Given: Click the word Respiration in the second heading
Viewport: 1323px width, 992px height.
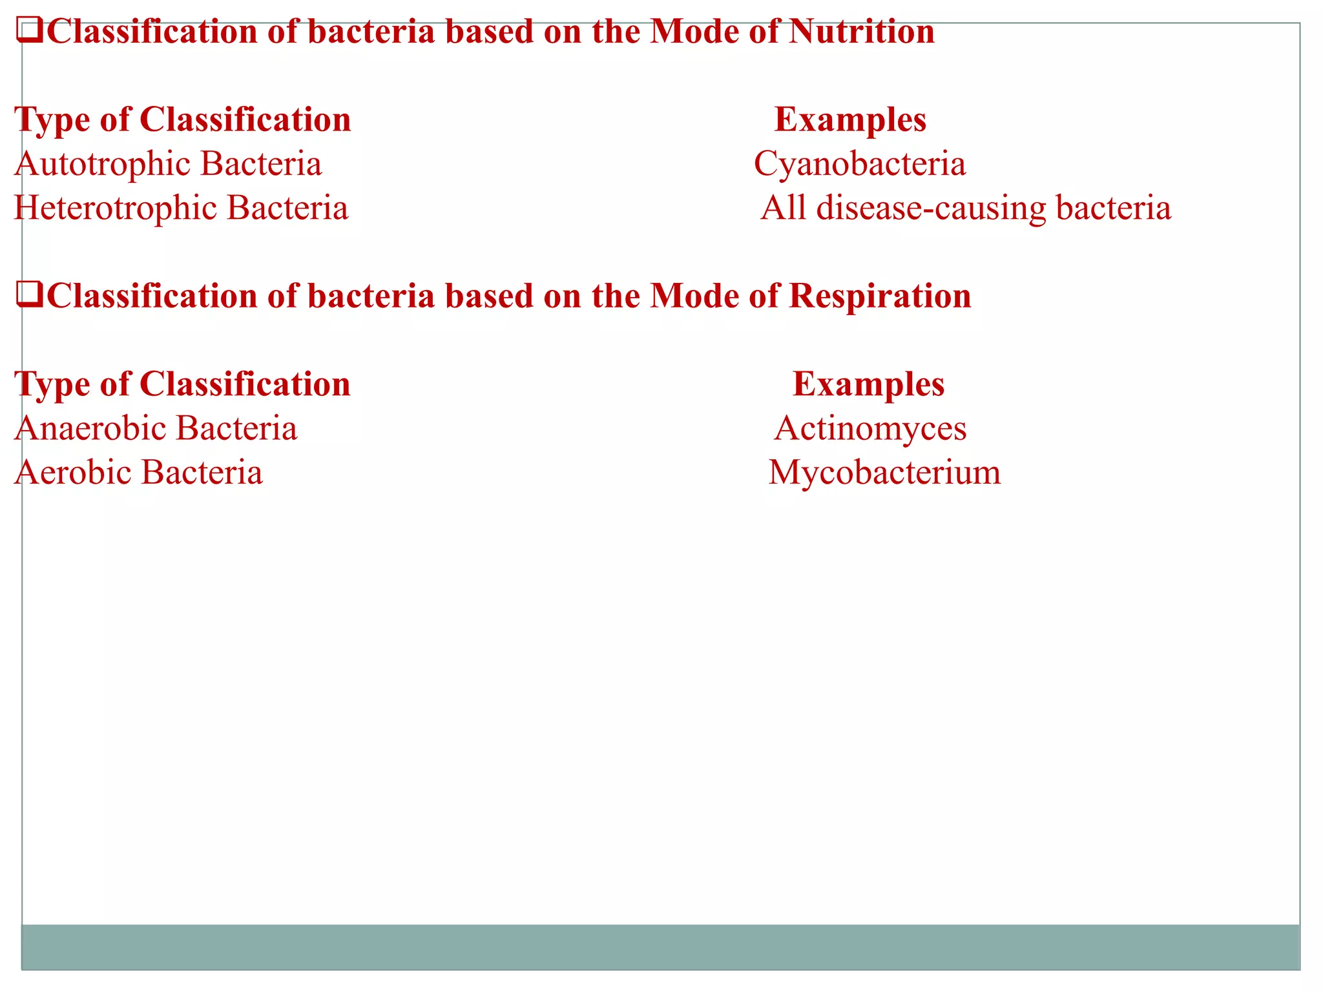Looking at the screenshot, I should tap(880, 296).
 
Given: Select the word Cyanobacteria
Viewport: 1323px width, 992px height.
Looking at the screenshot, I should tap(860, 164).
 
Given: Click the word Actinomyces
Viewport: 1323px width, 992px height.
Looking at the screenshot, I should tap(870, 429).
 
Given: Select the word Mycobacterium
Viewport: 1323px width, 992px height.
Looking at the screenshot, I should tap(884, 473).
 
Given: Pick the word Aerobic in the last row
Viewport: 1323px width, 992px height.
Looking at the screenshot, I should tap(72, 473).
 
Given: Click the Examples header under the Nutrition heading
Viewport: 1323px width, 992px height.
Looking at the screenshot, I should tap(850, 121).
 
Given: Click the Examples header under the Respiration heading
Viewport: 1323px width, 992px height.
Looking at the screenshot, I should tap(868, 385).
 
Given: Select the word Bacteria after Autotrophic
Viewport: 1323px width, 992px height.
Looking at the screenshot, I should tap(261, 164).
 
